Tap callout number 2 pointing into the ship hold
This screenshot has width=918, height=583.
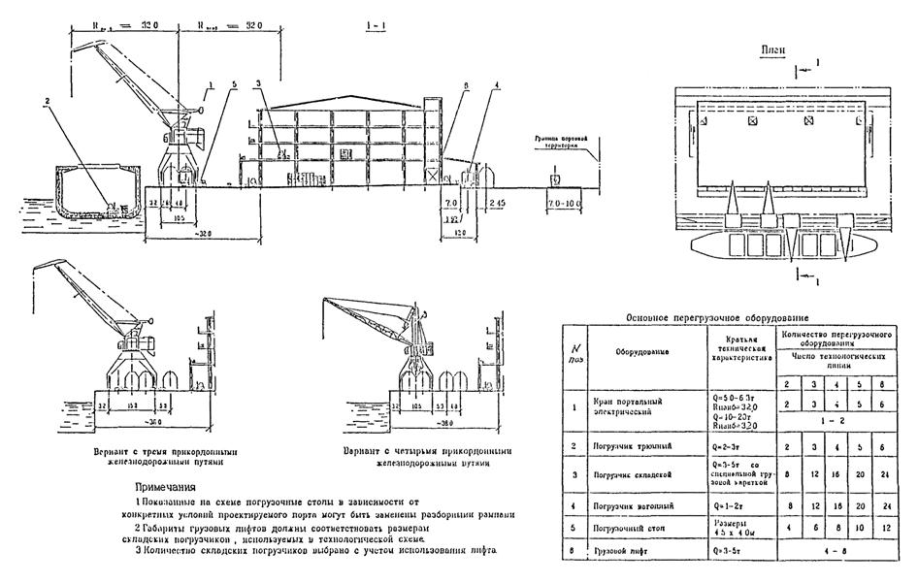[x=46, y=100]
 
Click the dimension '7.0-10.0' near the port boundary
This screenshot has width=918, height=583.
[x=563, y=206]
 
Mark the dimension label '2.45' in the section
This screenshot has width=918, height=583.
[x=499, y=206]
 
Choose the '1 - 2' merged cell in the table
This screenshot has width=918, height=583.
[x=836, y=422]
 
